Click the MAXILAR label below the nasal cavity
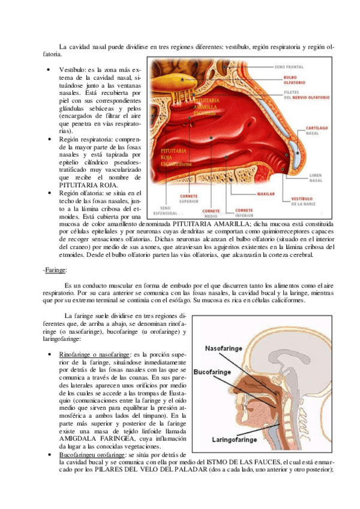click(x=265, y=194)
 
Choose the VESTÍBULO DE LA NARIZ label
click(x=302, y=201)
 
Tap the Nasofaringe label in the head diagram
click(x=226, y=349)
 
